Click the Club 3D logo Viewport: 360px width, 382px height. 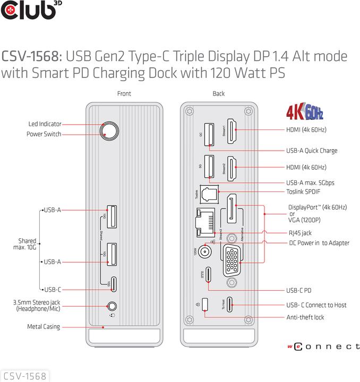pos(28,11)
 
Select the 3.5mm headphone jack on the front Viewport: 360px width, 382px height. pos(112,306)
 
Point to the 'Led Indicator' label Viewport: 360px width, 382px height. pos(45,124)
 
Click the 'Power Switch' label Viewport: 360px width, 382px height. pos(44,134)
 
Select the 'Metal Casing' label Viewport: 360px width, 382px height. pos(44,327)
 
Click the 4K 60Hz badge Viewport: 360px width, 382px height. pos(304,113)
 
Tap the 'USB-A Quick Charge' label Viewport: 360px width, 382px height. pos(312,151)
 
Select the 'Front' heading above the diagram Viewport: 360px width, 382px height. pos(124,94)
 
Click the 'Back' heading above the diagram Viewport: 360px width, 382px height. pos(219,94)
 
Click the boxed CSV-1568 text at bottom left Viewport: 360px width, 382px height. pos(24,376)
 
